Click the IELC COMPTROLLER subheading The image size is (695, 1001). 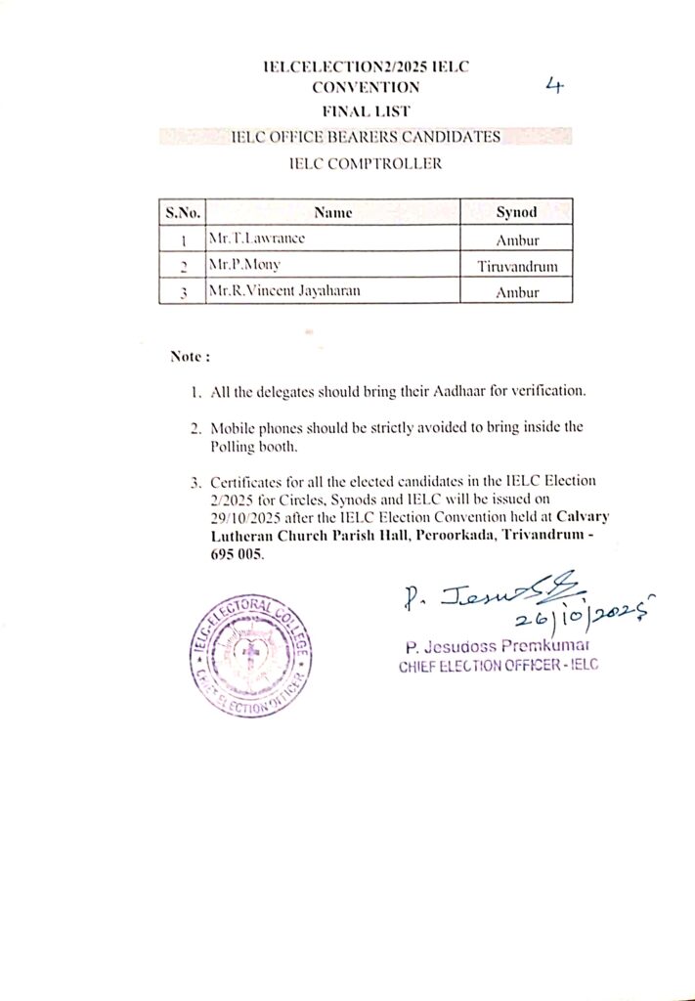click(365, 164)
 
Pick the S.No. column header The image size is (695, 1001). click(182, 212)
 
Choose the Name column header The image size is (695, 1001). click(333, 212)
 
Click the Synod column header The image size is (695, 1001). click(516, 212)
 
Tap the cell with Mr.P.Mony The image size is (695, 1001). click(238, 265)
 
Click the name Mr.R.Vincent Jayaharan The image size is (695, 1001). click(276, 290)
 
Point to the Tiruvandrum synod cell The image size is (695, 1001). click(517, 265)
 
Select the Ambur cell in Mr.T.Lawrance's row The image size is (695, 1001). click(517, 239)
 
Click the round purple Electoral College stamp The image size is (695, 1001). click(250, 656)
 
